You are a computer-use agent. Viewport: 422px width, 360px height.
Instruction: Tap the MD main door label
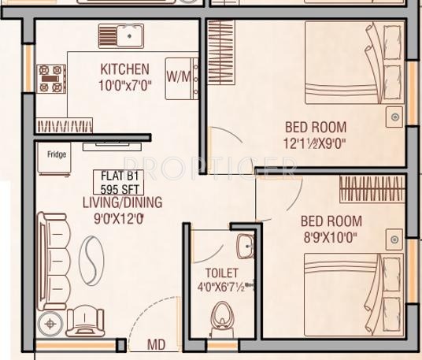(x=157, y=345)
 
